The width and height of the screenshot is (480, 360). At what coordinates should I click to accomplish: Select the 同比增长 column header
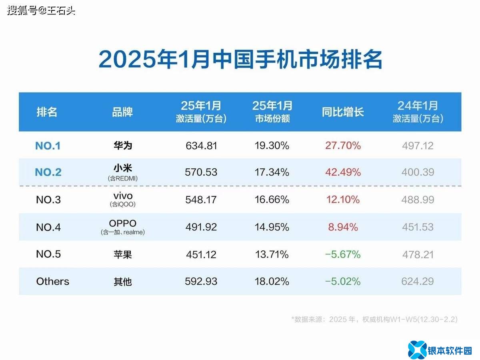(343, 112)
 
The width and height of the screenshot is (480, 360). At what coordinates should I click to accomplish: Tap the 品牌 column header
(122, 112)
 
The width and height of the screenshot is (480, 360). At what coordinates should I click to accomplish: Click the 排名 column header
(47, 112)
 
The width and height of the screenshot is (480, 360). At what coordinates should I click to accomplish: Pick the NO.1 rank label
(48, 146)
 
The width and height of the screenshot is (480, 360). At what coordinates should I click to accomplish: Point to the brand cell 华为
(122, 145)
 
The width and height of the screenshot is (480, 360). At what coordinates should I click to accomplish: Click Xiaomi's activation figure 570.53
(201, 172)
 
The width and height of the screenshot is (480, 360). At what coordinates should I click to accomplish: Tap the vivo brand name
(122, 196)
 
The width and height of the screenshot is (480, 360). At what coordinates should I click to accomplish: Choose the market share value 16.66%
(272, 200)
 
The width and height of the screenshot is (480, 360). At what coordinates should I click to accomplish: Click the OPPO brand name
(122, 223)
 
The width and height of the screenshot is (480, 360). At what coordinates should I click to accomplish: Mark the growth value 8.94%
(343, 227)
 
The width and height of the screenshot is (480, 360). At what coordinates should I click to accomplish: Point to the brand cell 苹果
(122, 254)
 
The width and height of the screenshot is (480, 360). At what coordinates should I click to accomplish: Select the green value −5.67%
(343, 254)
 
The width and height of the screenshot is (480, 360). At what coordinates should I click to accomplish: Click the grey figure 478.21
(418, 254)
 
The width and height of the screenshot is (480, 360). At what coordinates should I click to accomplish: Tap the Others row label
(53, 282)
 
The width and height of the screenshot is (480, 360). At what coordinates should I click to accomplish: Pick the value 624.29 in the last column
(418, 282)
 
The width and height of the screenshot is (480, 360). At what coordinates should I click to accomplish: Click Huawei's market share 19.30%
(272, 146)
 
